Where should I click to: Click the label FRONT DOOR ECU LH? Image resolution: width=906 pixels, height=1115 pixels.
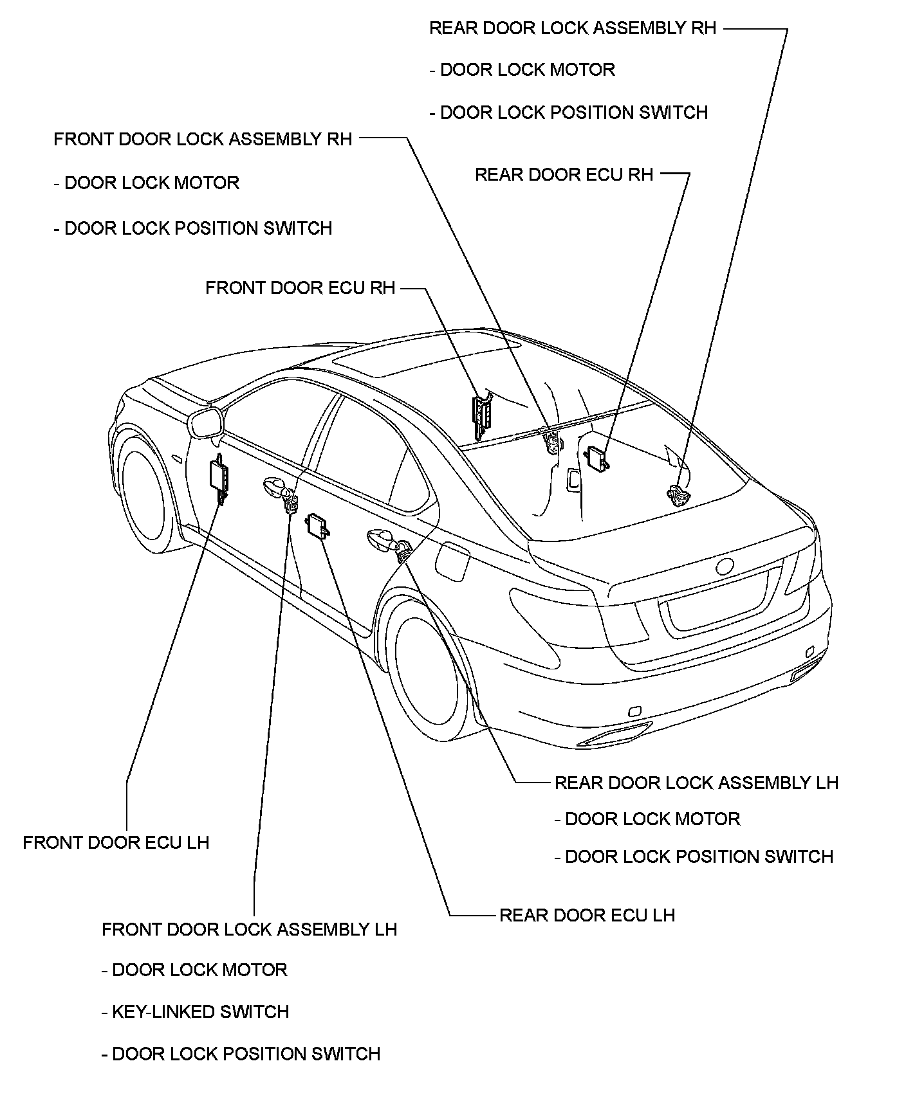point(116,843)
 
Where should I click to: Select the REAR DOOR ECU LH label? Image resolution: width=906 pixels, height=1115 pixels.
point(587,915)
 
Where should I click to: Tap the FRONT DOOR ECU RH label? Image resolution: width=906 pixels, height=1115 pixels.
point(300,287)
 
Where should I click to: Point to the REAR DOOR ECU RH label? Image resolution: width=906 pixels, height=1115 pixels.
point(564,175)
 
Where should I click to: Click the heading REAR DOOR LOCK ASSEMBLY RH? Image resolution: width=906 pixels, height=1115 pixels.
point(572,28)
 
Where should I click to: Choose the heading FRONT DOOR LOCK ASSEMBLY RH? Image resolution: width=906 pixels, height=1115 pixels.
point(203,140)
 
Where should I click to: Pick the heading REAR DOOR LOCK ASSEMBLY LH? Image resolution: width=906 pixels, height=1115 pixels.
point(696,783)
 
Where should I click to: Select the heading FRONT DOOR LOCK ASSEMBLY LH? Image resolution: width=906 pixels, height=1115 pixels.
point(249,929)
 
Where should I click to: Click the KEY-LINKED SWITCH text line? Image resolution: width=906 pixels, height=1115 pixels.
point(200,1012)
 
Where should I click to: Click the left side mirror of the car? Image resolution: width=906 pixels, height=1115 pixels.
point(205,422)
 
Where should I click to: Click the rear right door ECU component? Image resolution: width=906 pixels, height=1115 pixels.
point(596,458)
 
